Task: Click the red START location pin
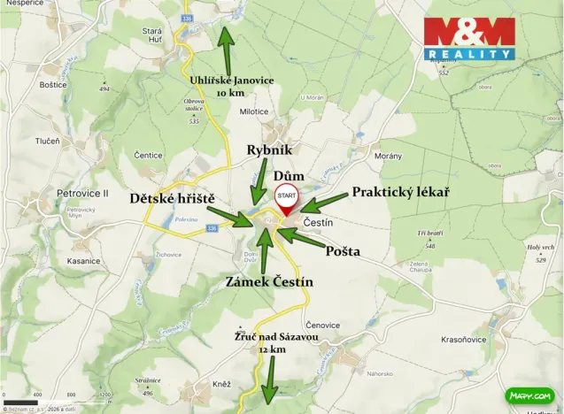286,197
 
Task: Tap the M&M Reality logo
469,39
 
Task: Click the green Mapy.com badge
529,395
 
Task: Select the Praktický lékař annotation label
400,191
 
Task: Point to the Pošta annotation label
343,251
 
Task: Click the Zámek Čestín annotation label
270,282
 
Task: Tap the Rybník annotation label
269,150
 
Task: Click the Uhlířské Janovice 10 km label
232,86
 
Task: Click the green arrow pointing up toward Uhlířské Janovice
226,50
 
